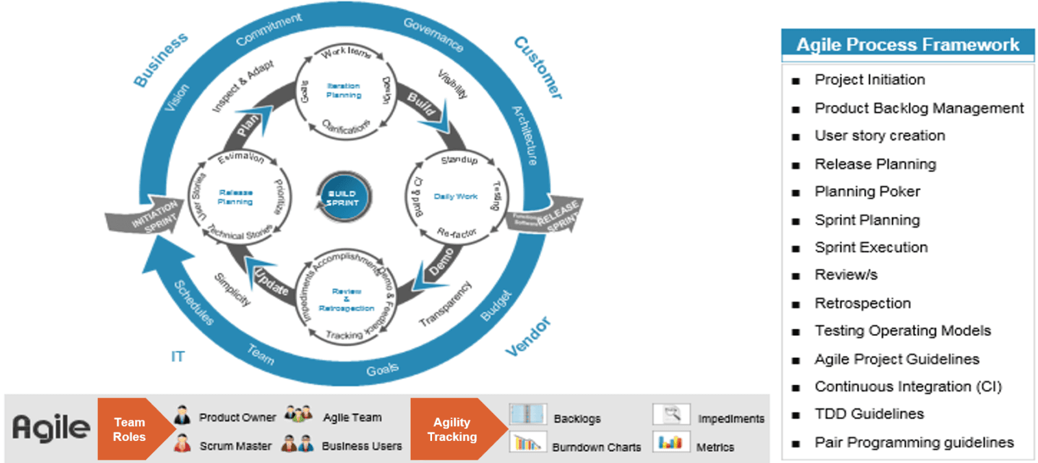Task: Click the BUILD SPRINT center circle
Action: pos(343,196)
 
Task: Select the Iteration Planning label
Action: pos(344,90)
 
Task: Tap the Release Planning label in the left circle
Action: pos(235,197)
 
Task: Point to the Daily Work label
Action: pos(455,196)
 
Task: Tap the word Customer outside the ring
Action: pos(538,67)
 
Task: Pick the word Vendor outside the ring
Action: pos(528,337)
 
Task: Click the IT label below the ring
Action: pos(178,357)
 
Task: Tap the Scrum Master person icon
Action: pos(183,444)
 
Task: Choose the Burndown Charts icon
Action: pos(527,443)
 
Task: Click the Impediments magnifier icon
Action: pos(671,414)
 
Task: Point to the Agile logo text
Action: pos(51,428)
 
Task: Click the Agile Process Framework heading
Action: pos(907,44)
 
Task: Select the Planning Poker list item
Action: pos(867,192)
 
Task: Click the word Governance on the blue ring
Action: pos(433,34)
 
